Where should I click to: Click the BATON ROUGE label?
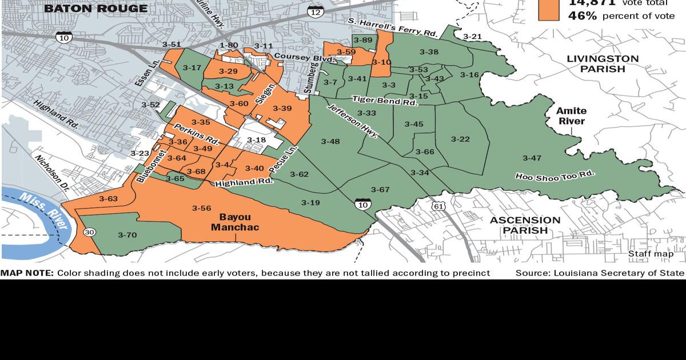pyautogui.click(x=95, y=9)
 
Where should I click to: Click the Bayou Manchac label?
pyautogui.click(x=235, y=222)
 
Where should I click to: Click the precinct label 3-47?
pyautogui.click(x=532, y=158)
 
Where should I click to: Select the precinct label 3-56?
pyautogui.click(x=202, y=208)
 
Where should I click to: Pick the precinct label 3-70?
pyautogui.click(x=127, y=235)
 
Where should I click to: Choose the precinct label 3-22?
pyautogui.click(x=460, y=139)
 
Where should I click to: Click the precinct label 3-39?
pyautogui.click(x=282, y=109)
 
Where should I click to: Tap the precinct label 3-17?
pyautogui.click(x=192, y=67)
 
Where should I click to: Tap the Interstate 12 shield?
pyautogui.click(x=314, y=11)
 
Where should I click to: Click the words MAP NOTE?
pyautogui.click(x=27, y=273)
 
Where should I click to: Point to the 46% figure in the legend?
pyautogui.click(x=582, y=16)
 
